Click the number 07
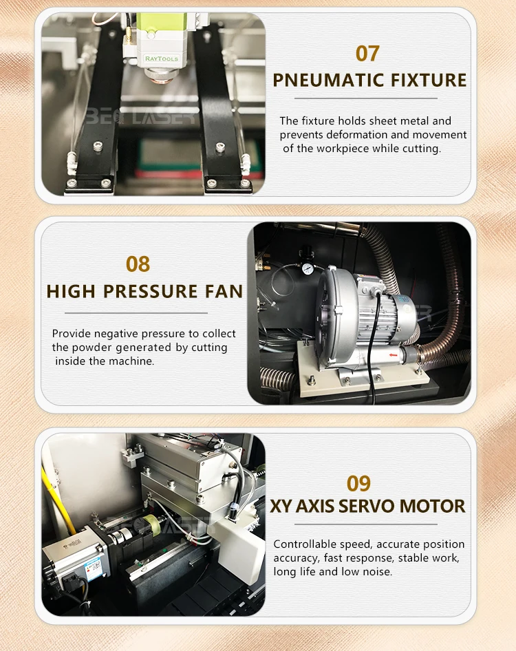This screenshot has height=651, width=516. point(367,53)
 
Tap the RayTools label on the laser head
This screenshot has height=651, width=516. point(162,59)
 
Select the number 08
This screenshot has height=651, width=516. point(138,264)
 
